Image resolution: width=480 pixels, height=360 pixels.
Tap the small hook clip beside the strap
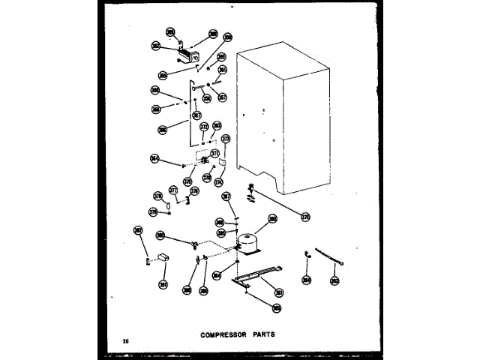(307, 256)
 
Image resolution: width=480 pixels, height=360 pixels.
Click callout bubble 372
(203, 127)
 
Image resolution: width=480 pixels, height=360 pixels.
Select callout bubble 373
(225, 139)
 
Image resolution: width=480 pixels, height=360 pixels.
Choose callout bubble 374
(219, 181)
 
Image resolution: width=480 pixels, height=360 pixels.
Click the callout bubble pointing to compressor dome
(272, 219)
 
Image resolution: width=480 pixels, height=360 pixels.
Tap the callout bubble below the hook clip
(306, 280)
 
